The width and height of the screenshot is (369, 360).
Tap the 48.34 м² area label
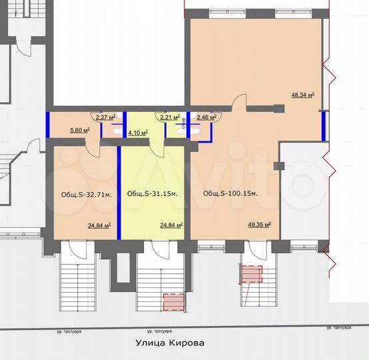click(303, 95)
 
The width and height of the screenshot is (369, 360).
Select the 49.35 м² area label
click(259, 225)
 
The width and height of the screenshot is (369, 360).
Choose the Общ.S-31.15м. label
click(152, 193)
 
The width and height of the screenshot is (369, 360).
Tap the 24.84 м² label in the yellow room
click(171, 225)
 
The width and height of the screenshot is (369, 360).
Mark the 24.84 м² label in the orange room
click(99, 225)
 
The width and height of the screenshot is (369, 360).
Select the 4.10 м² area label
click(137, 132)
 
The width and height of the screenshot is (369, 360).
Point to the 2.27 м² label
click(106, 117)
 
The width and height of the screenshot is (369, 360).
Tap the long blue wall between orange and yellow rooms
click(119, 192)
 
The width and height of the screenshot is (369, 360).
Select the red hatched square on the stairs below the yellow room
click(173, 302)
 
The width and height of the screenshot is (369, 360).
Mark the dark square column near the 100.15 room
click(278, 165)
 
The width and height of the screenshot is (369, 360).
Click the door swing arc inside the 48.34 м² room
click(236, 103)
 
